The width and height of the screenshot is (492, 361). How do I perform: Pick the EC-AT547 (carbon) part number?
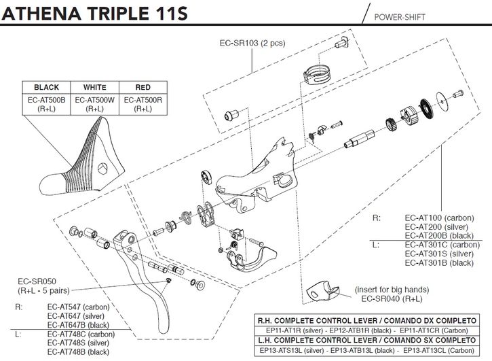coord(78,307)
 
